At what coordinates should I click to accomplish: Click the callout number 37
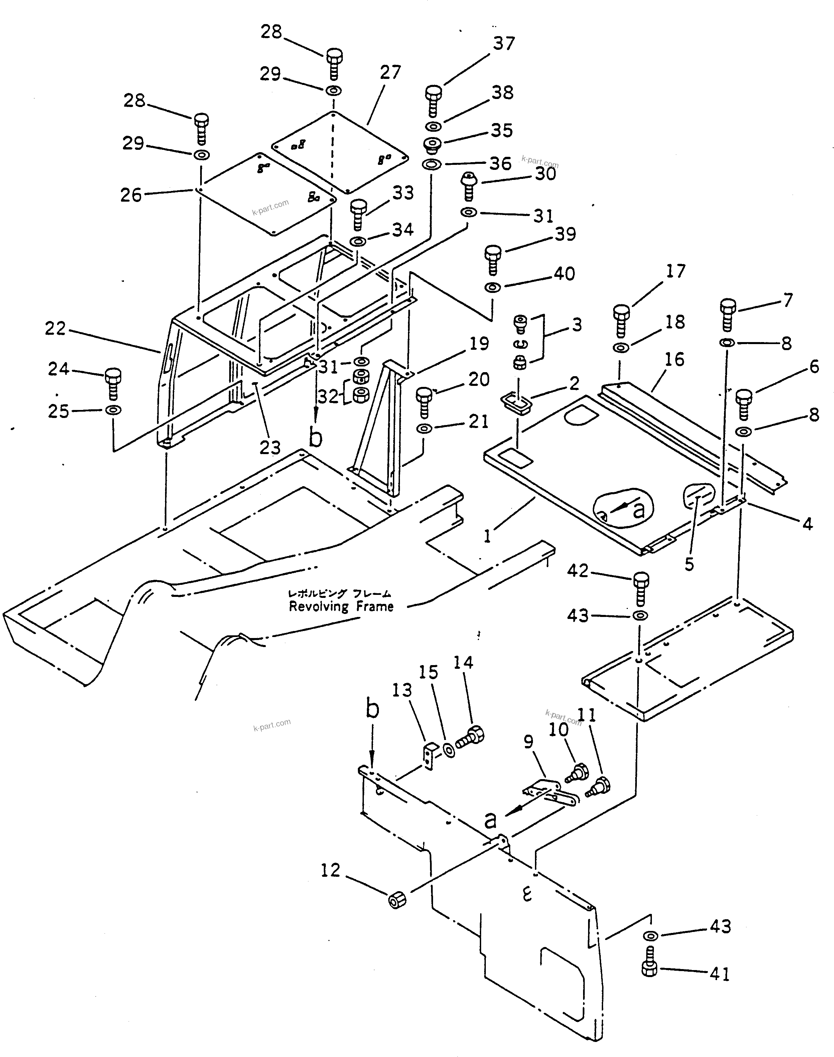pos(504,44)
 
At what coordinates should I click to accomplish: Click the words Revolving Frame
pos(341,607)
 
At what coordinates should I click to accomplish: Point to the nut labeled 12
pos(397,900)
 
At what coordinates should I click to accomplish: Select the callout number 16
pos(674,360)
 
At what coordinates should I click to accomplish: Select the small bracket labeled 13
pos(429,756)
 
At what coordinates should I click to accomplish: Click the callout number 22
pos(55,328)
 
